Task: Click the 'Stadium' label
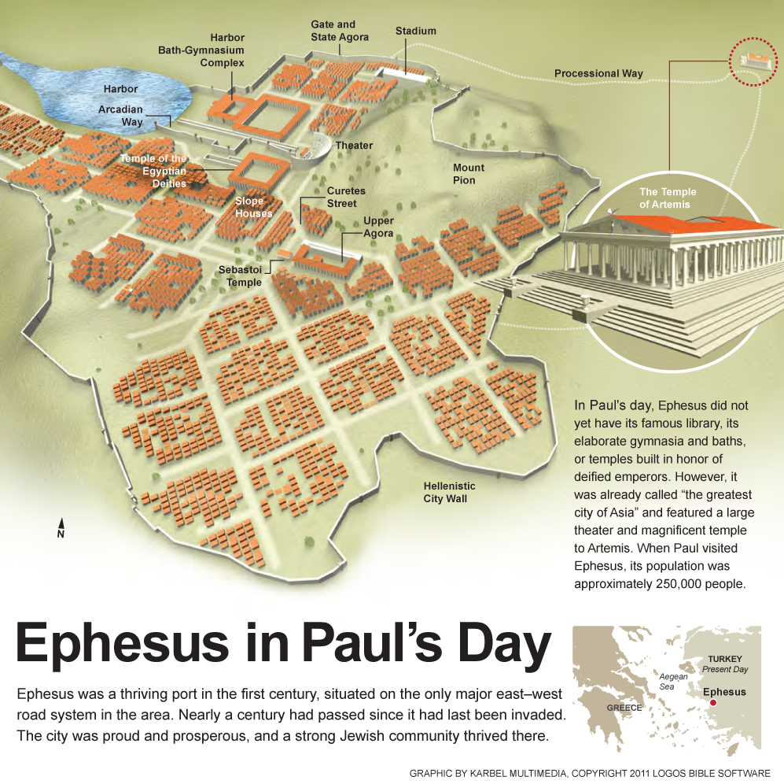415,31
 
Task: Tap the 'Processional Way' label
598,73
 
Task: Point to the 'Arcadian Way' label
120,116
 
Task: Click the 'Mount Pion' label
469,173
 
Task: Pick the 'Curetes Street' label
346,197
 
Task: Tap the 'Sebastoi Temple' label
240,276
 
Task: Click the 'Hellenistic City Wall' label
450,492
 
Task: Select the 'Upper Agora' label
378,227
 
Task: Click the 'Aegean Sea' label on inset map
673,682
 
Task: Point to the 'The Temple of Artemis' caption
668,198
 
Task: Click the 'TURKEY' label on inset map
724,658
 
